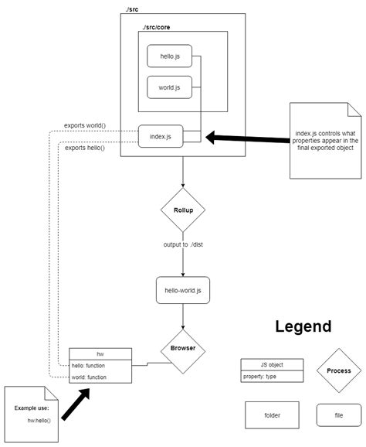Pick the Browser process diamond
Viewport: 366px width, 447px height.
tap(182, 348)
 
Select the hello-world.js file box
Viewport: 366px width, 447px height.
tap(182, 289)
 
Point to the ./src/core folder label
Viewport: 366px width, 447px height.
tap(156, 27)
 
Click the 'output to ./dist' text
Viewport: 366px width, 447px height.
tap(182, 246)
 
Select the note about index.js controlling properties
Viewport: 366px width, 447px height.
tap(325, 140)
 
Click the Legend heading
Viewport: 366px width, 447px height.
tap(303, 327)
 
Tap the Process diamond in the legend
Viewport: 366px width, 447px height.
tap(338, 370)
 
